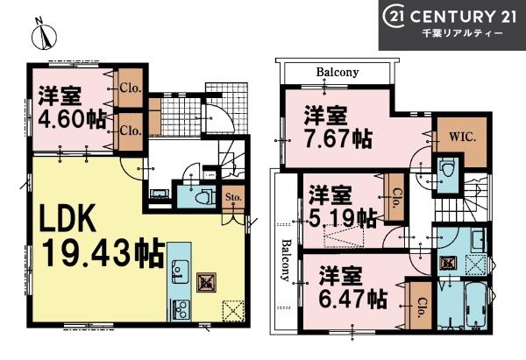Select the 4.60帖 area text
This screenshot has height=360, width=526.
pos(72,119)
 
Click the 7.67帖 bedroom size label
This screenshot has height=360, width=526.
pos(338,138)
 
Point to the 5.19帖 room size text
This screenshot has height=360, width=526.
pos(343,218)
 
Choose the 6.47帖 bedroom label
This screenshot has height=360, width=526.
pos(353,299)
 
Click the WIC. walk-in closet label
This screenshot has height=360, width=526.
pos(463,137)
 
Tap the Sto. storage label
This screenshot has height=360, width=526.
pos(233,197)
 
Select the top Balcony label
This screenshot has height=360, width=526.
pos(338,72)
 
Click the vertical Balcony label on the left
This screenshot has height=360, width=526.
pos(286,260)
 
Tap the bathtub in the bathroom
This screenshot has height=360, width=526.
pos(476,304)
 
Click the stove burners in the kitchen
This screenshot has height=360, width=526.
pos(181,310)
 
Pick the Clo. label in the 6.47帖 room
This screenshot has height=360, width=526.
pos(420,307)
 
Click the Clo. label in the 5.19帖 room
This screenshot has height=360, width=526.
pos(396,199)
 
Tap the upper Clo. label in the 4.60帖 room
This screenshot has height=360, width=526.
pos(131,88)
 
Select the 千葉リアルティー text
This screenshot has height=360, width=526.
pos(463,33)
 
